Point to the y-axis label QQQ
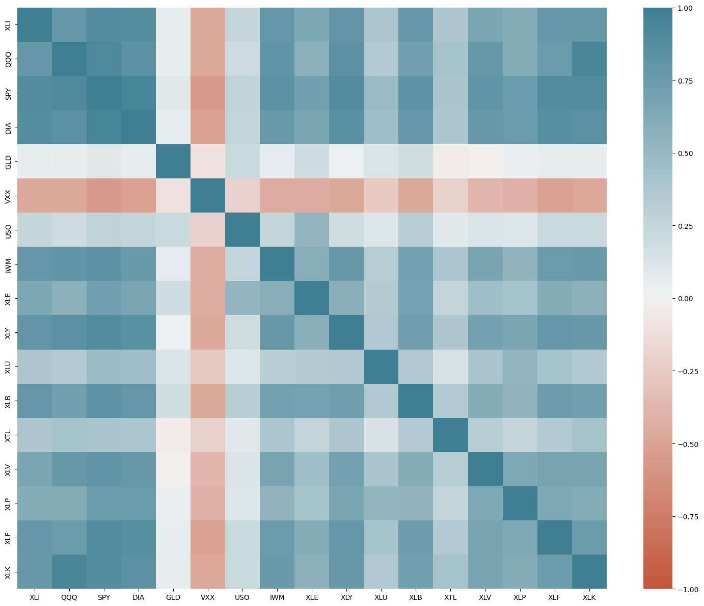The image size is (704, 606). click(8, 59)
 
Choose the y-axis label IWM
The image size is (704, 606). click(8, 264)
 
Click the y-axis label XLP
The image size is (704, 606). click(8, 503)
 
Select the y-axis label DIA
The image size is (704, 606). click(8, 127)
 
